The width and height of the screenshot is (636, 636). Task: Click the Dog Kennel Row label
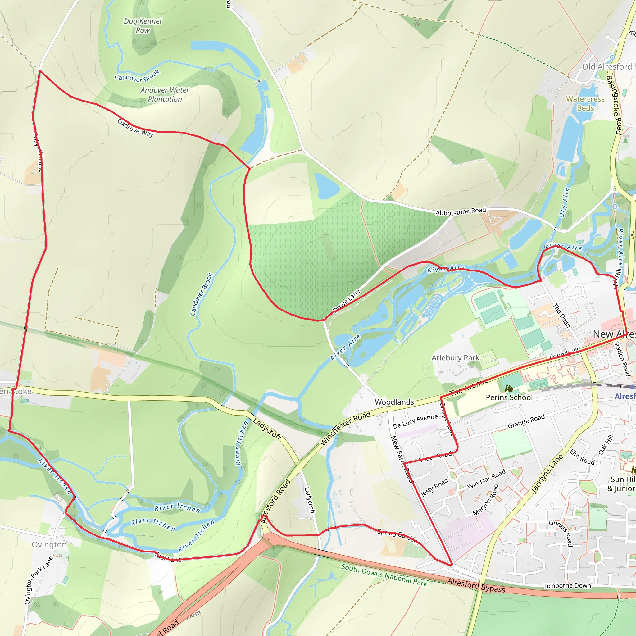coord(143,26)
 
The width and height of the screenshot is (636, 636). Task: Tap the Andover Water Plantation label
coord(165,94)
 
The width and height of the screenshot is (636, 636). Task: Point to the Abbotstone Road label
coord(461,211)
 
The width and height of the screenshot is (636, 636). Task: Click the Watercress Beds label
coord(585,103)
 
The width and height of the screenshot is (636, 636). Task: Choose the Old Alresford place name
coord(607,67)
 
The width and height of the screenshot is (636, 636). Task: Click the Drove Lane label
coord(346,301)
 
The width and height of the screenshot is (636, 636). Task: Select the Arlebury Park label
coord(455,358)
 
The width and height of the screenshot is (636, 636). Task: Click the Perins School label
coord(509,398)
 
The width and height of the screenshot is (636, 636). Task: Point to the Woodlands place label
coord(394,402)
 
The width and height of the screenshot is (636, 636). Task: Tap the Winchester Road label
coord(345,428)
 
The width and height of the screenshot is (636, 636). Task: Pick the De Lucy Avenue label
coord(415,421)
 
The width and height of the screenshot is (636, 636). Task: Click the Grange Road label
coord(526,421)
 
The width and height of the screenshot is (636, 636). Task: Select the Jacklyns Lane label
coord(547,474)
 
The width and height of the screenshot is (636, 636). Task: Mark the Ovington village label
coord(49,545)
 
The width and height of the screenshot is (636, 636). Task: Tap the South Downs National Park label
coord(384,575)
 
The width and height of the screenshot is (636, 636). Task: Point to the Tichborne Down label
coord(567,586)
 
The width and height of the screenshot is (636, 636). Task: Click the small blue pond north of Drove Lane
coord(326,186)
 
